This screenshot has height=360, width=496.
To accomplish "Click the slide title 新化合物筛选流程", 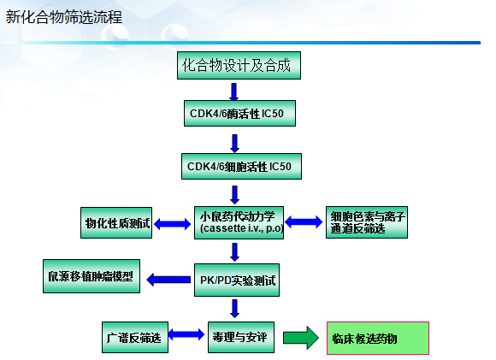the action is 64,17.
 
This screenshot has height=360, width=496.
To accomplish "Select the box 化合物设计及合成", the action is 239,66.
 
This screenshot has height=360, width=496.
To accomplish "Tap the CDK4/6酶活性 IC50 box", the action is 239,113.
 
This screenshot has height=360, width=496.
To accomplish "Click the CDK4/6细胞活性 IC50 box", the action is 241,167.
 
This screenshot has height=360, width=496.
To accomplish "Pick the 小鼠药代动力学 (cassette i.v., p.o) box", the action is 239,222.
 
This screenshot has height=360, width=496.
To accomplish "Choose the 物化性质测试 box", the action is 116,222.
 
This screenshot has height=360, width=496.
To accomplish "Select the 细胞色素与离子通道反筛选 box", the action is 367,222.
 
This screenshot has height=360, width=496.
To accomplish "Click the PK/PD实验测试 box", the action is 237,280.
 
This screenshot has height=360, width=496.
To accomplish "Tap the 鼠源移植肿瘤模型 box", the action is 92,276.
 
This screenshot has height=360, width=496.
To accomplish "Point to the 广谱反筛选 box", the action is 135,337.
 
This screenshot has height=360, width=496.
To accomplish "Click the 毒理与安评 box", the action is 241,337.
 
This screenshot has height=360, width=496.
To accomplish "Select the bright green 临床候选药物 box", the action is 378,338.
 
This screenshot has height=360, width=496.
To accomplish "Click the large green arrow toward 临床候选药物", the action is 301,338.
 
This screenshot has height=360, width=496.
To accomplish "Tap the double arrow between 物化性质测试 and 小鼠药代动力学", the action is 173,224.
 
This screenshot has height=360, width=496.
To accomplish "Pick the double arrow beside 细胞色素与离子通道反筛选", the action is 304,221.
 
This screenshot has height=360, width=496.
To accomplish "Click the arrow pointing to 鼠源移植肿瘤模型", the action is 168,280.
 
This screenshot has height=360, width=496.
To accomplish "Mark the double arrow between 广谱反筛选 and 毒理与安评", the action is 186,334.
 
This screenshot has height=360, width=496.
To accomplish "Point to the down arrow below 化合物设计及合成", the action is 233,91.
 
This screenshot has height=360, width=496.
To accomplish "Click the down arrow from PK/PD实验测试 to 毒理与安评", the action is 234,309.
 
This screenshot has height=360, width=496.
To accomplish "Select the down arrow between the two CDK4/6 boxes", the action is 234,144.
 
